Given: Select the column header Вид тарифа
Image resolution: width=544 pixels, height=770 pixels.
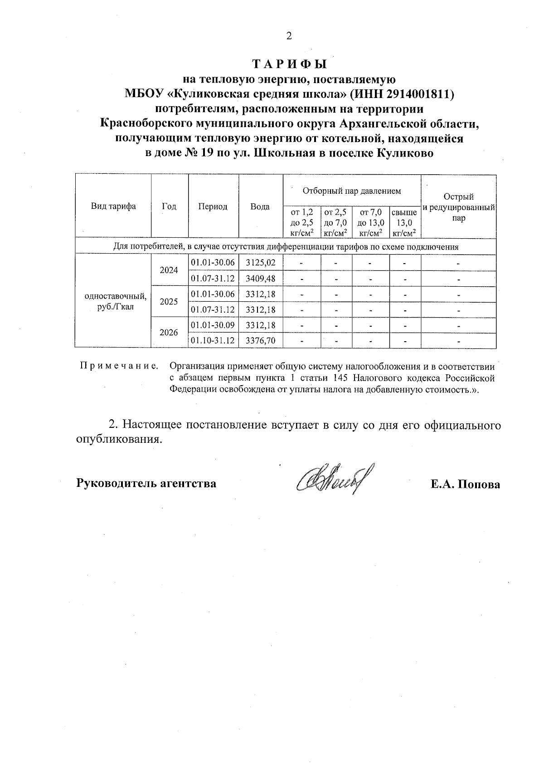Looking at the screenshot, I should (x=113, y=206).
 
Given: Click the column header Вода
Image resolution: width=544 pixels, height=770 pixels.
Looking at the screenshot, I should (x=260, y=206).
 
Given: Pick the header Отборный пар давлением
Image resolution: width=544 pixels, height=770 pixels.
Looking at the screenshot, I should (x=352, y=191).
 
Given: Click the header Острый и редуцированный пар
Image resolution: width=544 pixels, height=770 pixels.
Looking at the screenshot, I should (x=458, y=207).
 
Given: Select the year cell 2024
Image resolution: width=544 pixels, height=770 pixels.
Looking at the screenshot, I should (x=169, y=270).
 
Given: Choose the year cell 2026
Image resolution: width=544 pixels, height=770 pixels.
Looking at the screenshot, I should (x=169, y=333).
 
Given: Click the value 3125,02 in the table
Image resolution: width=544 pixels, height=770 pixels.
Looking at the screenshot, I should (x=261, y=263).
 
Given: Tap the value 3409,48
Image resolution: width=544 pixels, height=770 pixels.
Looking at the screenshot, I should (x=261, y=278).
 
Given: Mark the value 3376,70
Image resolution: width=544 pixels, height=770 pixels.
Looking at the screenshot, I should (x=261, y=340).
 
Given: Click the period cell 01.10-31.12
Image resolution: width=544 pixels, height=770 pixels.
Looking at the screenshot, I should (x=213, y=340).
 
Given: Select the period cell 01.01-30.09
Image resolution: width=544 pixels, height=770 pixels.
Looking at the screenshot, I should (x=213, y=325).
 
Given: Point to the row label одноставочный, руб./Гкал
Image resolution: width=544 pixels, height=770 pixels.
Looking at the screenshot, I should (x=115, y=301).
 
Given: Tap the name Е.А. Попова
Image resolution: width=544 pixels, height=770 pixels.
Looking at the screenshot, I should (x=465, y=484).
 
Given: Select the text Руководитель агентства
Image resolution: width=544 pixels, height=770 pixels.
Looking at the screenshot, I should (x=146, y=483).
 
